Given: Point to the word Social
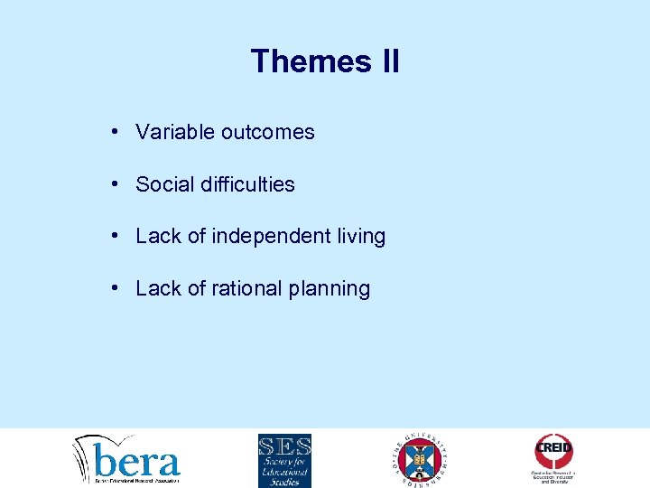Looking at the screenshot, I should tap(163, 184).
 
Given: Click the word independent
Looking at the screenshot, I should tap(272, 237).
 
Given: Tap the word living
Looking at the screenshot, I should tap(361, 237).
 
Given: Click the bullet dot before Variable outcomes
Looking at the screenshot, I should tap(116, 131).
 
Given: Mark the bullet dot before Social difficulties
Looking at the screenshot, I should tap(116, 183).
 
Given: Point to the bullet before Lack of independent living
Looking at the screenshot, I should tap(116, 236).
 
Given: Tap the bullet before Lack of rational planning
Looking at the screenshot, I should tap(116, 288).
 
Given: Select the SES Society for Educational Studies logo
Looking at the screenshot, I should tap(283, 460).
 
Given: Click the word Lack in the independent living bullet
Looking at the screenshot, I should tap(159, 237).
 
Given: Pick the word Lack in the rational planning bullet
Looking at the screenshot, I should tap(159, 289).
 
